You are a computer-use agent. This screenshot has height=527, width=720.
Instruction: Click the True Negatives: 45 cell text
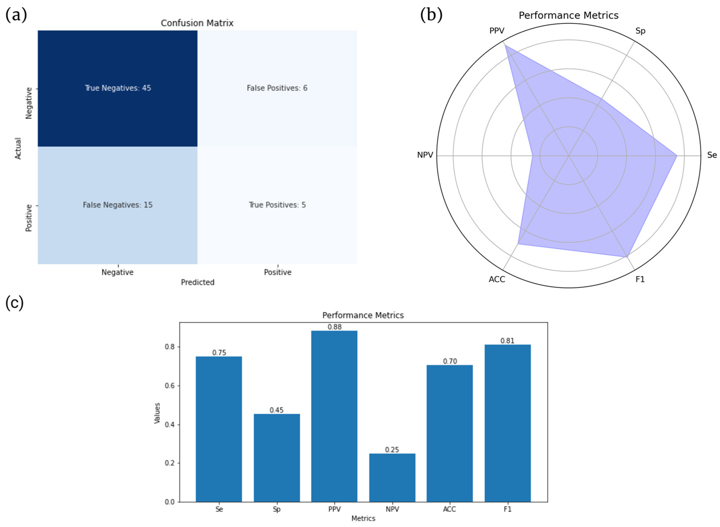(x=118, y=88)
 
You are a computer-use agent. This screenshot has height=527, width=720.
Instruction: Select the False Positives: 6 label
(x=277, y=88)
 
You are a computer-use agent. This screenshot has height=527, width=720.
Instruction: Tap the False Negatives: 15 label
(x=118, y=205)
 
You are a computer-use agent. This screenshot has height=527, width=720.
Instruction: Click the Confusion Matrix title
(x=197, y=23)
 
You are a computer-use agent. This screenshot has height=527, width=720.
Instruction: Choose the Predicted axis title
(x=197, y=282)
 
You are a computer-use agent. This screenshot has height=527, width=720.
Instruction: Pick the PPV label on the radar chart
(x=497, y=31)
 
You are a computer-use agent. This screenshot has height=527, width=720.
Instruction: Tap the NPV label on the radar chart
(x=425, y=155)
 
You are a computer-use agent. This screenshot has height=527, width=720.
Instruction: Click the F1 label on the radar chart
(x=640, y=280)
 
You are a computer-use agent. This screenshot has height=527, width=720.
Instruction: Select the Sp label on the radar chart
(x=640, y=31)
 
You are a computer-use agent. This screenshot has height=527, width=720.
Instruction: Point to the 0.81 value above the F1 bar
(x=507, y=341)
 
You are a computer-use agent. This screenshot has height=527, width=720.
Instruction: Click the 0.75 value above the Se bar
(x=219, y=353)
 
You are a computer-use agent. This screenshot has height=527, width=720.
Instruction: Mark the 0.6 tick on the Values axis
(x=172, y=386)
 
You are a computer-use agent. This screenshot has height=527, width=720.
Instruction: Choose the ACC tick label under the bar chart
(x=449, y=509)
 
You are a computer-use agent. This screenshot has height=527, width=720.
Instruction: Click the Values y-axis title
(x=157, y=413)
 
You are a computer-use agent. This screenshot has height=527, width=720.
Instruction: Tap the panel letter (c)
(x=14, y=303)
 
